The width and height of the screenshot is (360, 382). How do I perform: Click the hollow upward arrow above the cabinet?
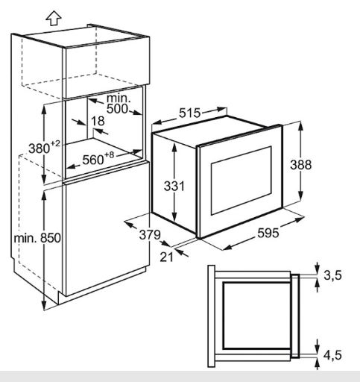click(x=54, y=19)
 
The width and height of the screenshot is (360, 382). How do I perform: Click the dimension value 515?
click(x=189, y=113)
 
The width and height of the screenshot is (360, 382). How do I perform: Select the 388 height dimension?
click(x=301, y=165)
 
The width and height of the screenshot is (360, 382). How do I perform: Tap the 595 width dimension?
click(x=268, y=233)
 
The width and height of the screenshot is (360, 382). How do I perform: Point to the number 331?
click(x=174, y=186)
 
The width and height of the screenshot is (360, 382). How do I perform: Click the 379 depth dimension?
click(x=150, y=234)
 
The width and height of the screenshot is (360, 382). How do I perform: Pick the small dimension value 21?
click(x=166, y=257)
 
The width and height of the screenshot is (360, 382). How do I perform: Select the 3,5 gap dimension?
click(x=333, y=275)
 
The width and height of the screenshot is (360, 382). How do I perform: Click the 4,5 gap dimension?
click(x=332, y=355)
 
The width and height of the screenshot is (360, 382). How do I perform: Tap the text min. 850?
click(x=37, y=238)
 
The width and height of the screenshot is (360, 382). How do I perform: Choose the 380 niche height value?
click(x=40, y=148)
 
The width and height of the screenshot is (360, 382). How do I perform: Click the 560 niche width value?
click(x=93, y=160)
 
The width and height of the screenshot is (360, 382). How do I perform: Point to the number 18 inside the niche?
click(x=98, y=121)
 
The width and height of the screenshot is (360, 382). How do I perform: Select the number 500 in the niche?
click(x=117, y=109)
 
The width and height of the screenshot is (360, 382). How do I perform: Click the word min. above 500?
click(x=119, y=98)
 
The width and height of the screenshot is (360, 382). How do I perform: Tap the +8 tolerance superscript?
click(x=109, y=155)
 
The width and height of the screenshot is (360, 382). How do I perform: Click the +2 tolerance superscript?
click(x=55, y=144)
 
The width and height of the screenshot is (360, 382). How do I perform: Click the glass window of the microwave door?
click(x=241, y=181)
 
